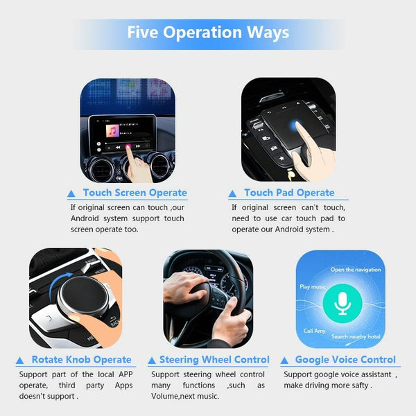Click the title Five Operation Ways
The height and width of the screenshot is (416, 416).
208,33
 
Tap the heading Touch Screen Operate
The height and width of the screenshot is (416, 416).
135,193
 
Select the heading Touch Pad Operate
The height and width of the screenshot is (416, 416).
289,193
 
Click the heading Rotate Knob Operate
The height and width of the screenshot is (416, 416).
81,359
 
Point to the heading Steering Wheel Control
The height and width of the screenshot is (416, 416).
214,359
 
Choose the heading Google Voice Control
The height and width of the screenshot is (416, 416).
345,359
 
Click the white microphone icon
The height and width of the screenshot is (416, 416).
343,304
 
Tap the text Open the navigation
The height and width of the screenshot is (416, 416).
356,270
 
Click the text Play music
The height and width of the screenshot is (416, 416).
313,286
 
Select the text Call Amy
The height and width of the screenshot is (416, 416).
314,331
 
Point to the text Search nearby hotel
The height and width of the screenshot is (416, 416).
356,336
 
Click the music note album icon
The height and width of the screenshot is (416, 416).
112,131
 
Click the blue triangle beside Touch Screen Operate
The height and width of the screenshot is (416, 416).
71,193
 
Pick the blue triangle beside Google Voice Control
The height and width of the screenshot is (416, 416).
284,361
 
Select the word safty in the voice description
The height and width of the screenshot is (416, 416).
359,385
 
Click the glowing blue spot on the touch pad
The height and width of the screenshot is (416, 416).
294,125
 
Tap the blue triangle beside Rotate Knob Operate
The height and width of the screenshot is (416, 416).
19,361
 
